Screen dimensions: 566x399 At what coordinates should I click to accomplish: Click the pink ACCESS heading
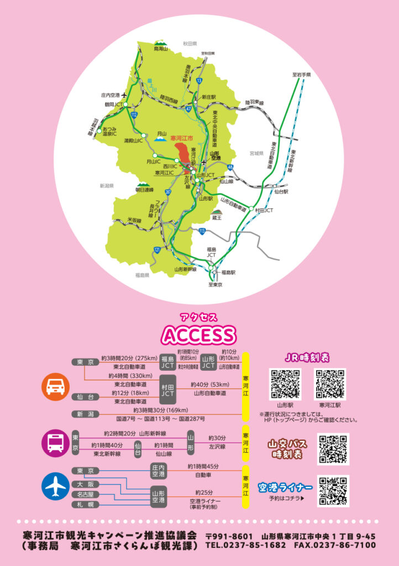pyautogui.click(x=198, y=334)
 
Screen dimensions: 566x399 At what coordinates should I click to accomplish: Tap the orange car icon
pyautogui.click(x=56, y=387)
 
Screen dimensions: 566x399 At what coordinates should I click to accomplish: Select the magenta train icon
pyautogui.click(x=56, y=442)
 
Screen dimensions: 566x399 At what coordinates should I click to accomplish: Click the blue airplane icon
pyautogui.click(x=56, y=486)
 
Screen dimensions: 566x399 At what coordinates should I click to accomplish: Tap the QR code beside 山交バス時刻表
pyautogui.click(x=333, y=449)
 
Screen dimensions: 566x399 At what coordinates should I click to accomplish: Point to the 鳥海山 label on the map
pyautogui.click(x=161, y=49)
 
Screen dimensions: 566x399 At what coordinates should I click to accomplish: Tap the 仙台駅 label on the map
pyautogui.click(x=282, y=191)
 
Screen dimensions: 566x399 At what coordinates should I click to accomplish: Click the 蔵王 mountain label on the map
pyautogui.click(x=215, y=218)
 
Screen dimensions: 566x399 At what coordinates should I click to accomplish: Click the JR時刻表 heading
pyautogui.click(x=307, y=357)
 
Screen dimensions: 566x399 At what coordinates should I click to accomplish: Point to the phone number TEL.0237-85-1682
pyautogui.click(x=245, y=545)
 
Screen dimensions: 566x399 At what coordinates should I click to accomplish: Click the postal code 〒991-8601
pyautogui.click(x=229, y=536)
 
